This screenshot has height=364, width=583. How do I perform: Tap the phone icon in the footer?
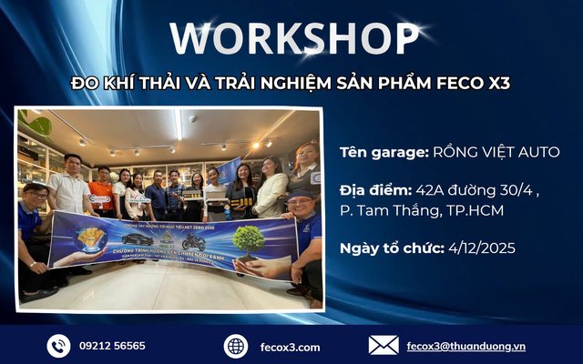[x=59, y=346]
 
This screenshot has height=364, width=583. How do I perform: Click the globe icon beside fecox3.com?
[x=236, y=346]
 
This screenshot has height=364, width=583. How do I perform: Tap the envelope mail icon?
[x=383, y=345]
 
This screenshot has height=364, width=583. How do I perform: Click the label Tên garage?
[x=381, y=152]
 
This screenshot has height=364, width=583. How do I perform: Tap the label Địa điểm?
[x=374, y=192]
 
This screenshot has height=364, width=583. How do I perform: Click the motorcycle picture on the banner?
[x=195, y=241]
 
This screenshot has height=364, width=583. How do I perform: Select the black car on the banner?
[x=138, y=239]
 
